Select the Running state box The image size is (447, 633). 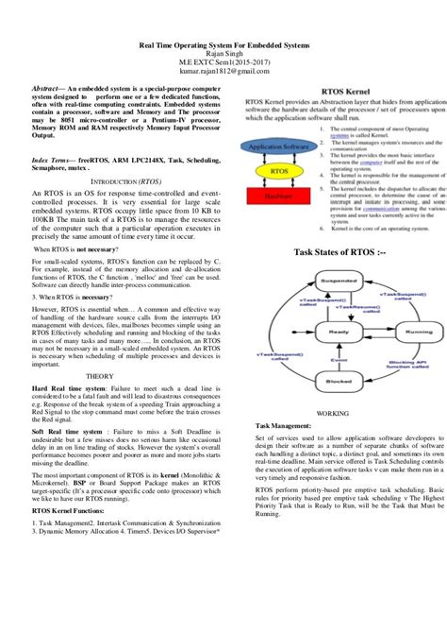[412, 334]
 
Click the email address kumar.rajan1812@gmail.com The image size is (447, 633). [198, 70]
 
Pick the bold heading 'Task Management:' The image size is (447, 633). [288, 427]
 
